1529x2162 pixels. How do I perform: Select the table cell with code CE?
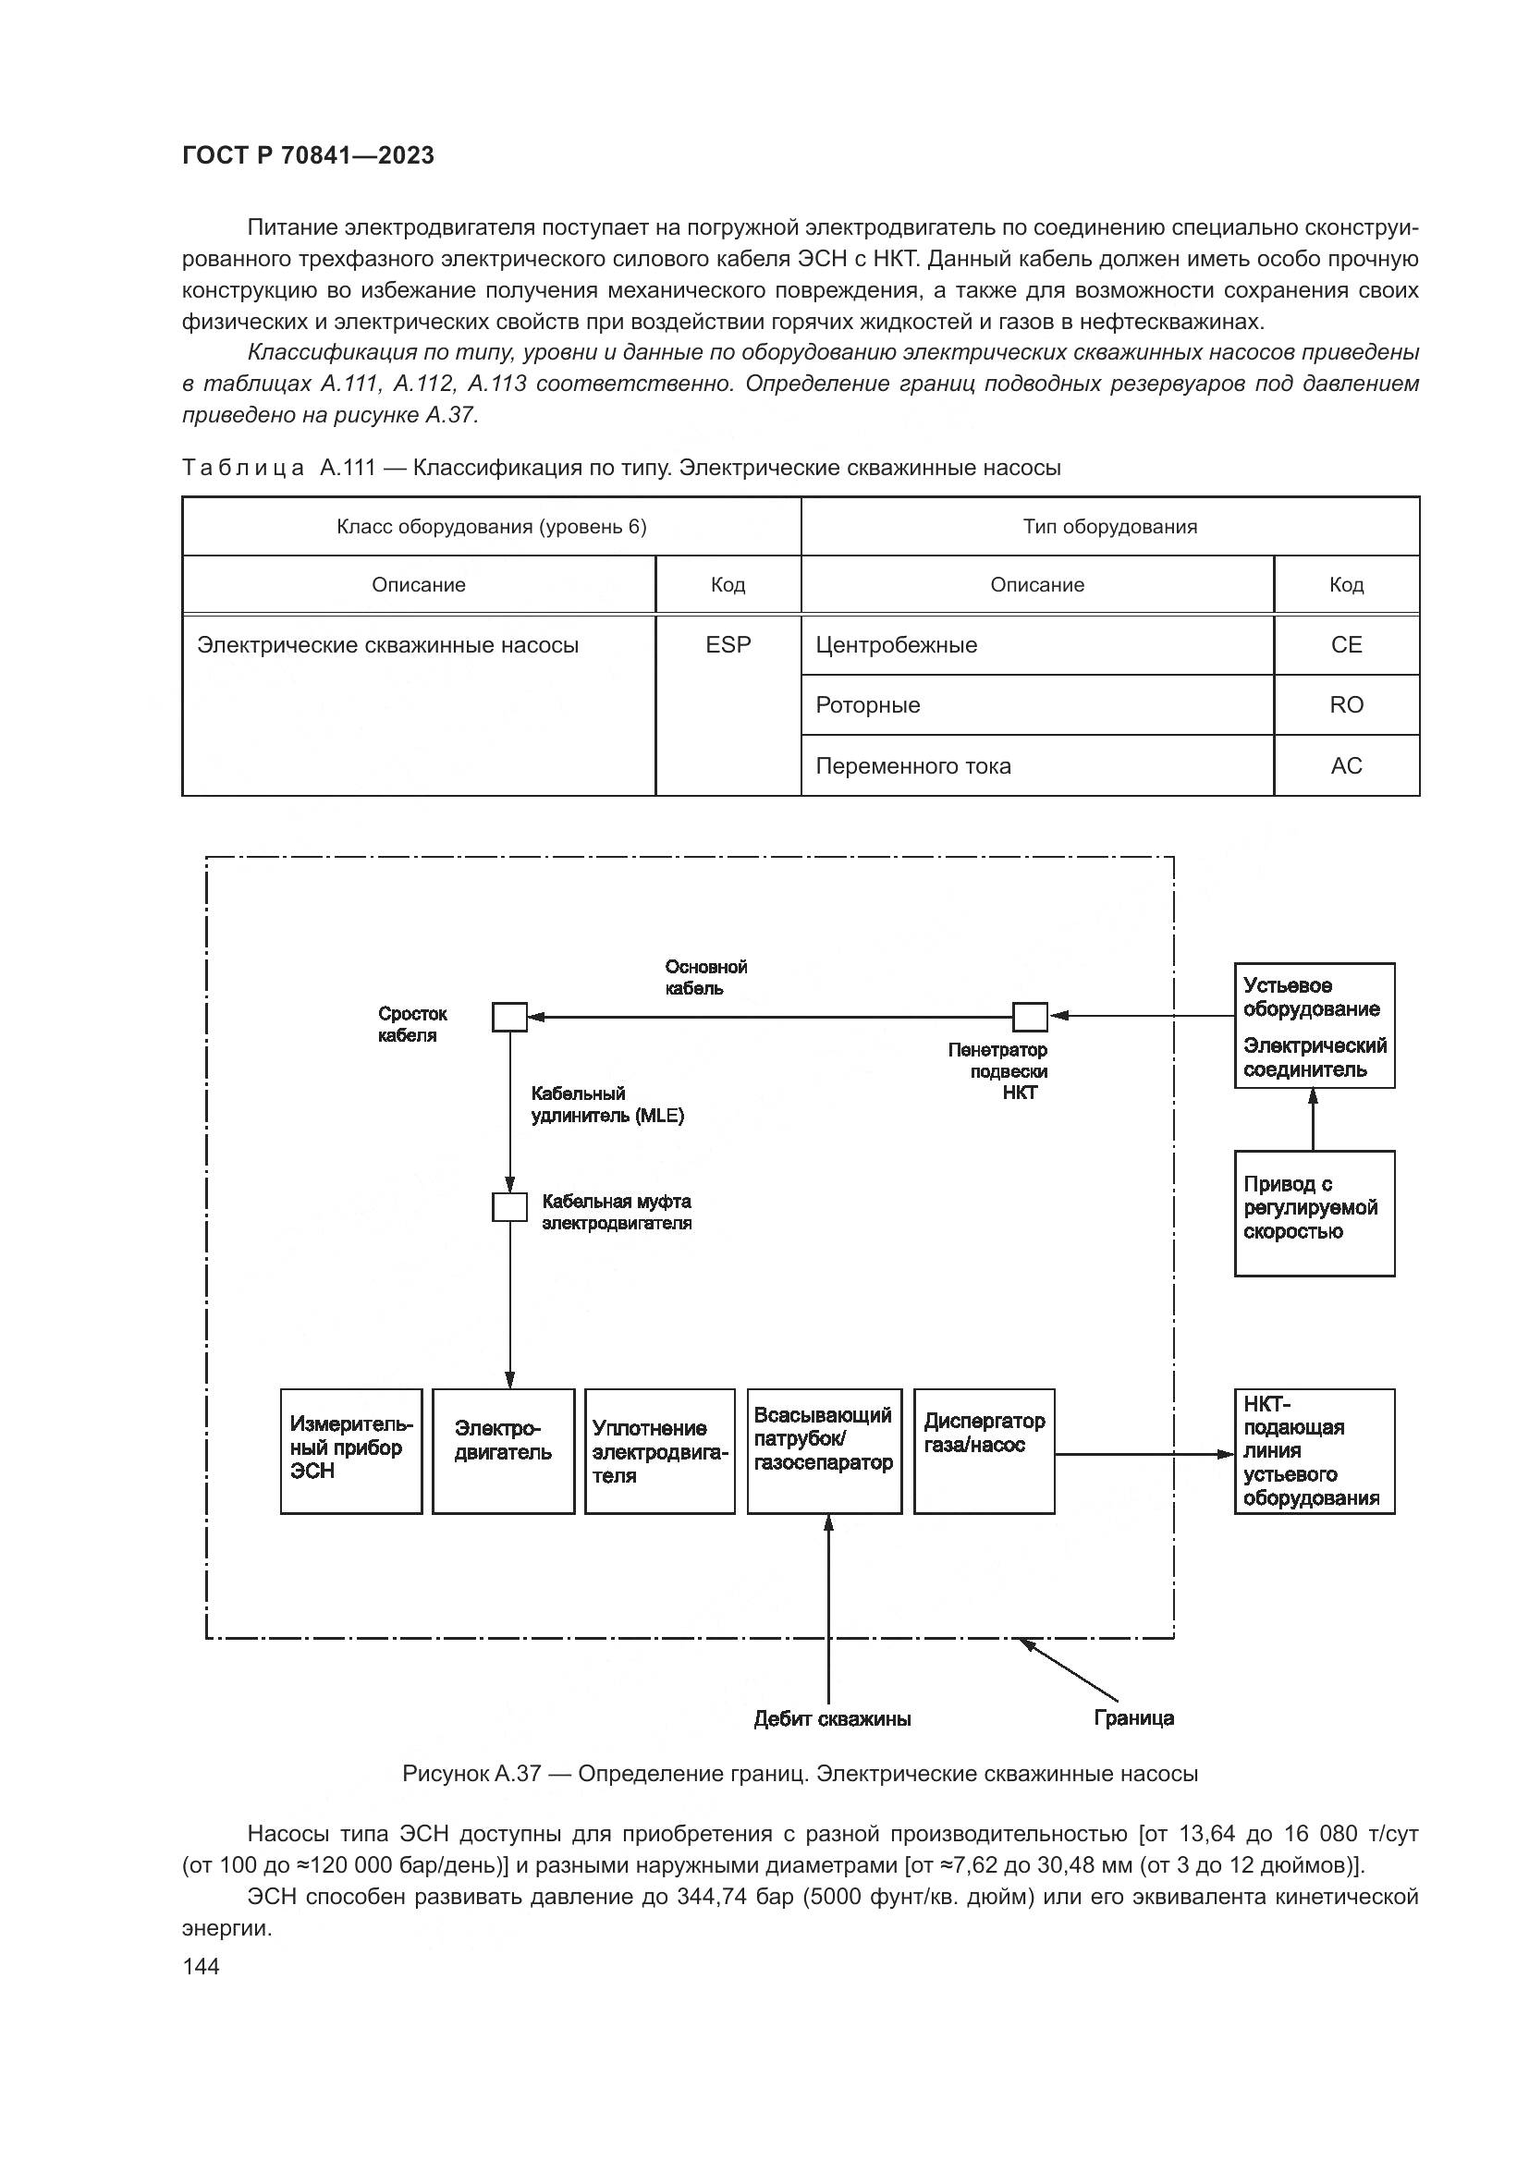pos(1346,645)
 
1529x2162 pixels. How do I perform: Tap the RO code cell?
pos(1346,705)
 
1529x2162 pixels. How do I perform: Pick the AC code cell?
pos(1346,765)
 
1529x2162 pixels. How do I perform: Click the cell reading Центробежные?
pos(1036,645)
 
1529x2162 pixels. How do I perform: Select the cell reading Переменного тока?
pos(1036,765)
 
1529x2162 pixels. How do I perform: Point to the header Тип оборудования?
pos(1110,526)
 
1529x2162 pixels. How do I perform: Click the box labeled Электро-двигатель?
pos(504,1451)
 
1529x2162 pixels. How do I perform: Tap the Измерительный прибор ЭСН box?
pos(351,1451)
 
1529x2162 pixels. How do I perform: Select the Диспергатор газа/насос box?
pos(984,1451)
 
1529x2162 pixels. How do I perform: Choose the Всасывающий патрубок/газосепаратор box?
pos(824,1451)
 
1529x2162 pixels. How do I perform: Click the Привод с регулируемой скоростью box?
pos(1315,1213)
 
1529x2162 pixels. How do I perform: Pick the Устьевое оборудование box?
pos(1315,1024)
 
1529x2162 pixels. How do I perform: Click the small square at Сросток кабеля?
pos(509,1017)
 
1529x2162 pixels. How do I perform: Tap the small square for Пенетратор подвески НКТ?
pos(1030,1017)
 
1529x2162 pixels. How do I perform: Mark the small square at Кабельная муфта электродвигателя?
pos(509,1207)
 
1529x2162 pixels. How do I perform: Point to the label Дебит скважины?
pos(832,1718)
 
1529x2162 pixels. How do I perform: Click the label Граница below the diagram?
pos(1133,1717)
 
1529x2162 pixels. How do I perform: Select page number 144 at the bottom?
pos(201,1966)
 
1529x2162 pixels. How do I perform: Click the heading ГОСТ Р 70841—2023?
pos(308,155)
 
